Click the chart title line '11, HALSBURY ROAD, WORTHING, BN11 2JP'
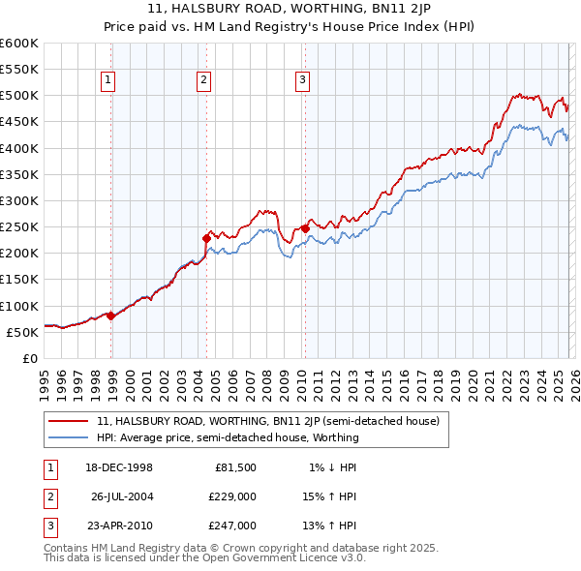coord(290,10)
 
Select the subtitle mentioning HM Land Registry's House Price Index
coord(290,26)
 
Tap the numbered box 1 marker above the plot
coord(107,80)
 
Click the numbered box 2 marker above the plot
coord(204,80)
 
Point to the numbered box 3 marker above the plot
coord(302,80)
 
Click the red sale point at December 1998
coord(111,316)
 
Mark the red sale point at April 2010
coord(305,228)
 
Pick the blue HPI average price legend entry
coord(228,437)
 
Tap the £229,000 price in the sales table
coord(233,496)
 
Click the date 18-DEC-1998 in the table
coord(120,467)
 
